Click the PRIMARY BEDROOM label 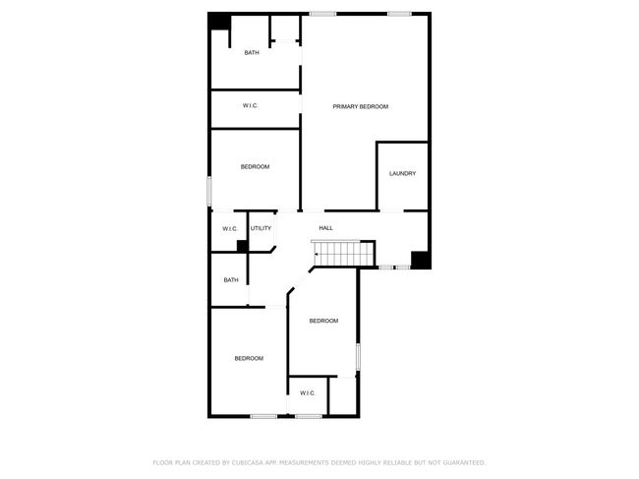(x=360, y=107)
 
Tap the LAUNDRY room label (x=402, y=174)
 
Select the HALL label (x=325, y=228)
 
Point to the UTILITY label (x=261, y=228)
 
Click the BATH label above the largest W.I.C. (x=252, y=52)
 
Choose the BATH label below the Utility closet (x=231, y=280)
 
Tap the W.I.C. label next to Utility (x=230, y=229)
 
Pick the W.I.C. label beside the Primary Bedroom (x=251, y=105)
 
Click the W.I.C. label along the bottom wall (x=308, y=393)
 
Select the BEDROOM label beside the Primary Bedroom (x=255, y=167)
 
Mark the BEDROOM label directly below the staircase (x=323, y=321)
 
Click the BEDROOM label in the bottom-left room (x=249, y=358)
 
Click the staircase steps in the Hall (x=343, y=254)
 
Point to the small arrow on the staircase (x=317, y=254)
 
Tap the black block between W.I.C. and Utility (x=243, y=246)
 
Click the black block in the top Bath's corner (x=219, y=22)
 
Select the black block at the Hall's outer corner (x=420, y=260)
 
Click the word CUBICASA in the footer (x=248, y=462)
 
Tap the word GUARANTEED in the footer (x=464, y=462)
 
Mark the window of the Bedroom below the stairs (x=358, y=357)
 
